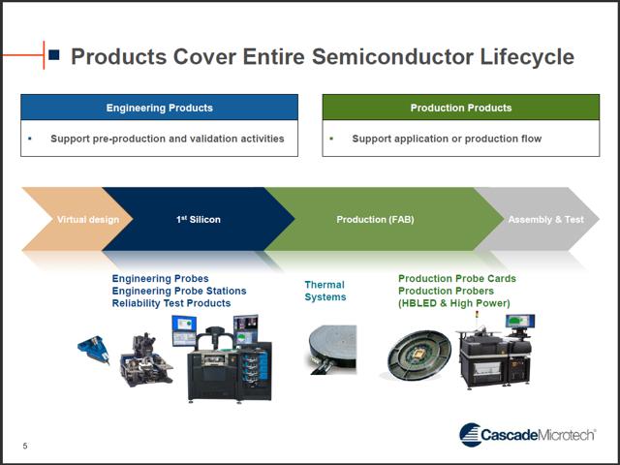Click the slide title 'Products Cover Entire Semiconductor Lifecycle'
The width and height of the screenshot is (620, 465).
(x=322, y=56)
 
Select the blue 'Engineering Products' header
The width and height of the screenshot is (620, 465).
(x=159, y=108)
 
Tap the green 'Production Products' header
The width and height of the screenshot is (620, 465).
(x=460, y=108)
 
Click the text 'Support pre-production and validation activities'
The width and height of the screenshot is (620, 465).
(x=167, y=139)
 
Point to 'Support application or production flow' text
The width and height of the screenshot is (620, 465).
(x=447, y=139)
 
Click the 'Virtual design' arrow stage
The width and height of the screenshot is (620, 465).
(x=82, y=219)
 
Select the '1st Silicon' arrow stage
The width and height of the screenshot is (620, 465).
(x=198, y=219)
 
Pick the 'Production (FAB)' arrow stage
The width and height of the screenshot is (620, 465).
(x=375, y=219)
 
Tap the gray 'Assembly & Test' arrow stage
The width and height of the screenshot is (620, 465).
(x=545, y=219)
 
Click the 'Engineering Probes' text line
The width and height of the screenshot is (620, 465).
(x=160, y=279)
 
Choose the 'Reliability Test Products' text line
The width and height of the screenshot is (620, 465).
(x=171, y=303)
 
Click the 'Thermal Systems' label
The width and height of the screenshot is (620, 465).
(x=325, y=291)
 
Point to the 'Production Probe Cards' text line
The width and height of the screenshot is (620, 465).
(x=456, y=279)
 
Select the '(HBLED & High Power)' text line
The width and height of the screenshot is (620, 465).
(x=453, y=303)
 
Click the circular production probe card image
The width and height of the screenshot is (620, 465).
(x=419, y=360)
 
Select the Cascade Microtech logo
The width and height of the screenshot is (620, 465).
(x=527, y=435)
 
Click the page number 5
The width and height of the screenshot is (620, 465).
(x=26, y=446)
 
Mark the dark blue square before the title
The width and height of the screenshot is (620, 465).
(x=54, y=55)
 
